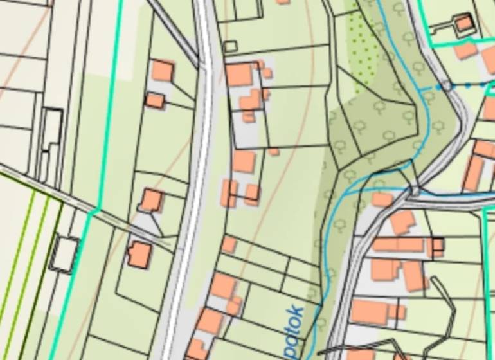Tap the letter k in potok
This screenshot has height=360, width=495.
[296, 311]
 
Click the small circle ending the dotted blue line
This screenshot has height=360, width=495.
[446, 85]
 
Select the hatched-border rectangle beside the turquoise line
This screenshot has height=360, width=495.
[64, 253]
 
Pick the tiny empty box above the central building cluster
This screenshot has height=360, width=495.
[230, 46]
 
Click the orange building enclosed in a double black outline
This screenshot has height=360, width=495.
[463, 24]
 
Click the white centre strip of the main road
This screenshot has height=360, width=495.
[201, 161]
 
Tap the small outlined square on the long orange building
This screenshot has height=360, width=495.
[438, 244]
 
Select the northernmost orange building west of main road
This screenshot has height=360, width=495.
[163, 70]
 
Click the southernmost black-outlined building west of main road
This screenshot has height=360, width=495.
[139, 254]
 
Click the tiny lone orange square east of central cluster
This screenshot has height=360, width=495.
[274, 152]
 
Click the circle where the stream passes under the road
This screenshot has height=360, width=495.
[415, 190]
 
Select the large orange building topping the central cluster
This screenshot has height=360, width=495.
[239, 75]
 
